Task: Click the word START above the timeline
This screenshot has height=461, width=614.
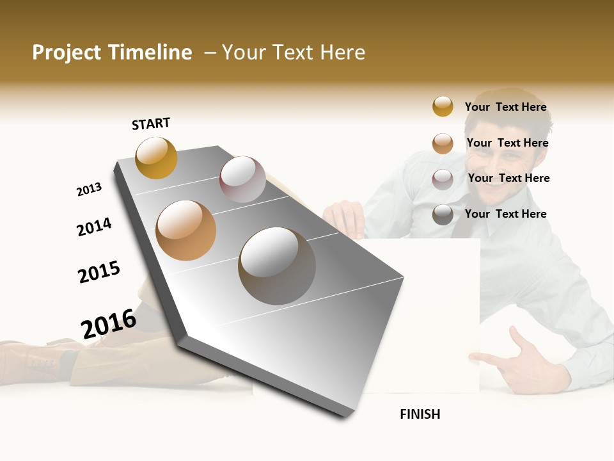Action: [151, 124]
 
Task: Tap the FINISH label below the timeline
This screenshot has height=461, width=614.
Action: [420, 414]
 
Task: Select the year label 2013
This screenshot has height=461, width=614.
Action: [89, 190]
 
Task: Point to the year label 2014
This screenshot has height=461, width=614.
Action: [94, 227]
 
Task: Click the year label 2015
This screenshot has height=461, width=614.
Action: [98, 272]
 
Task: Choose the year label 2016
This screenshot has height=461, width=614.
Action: [109, 323]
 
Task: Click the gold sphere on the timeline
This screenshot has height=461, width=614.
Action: [156, 158]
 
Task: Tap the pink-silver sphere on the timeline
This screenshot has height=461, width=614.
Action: [242, 179]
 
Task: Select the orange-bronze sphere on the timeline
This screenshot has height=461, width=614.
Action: [186, 230]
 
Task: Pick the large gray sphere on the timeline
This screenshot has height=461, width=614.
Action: [277, 266]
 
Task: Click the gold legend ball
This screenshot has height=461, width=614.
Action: [443, 106]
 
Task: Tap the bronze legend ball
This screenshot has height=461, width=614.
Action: [443, 143]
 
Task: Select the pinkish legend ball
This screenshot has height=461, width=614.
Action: [443, 179]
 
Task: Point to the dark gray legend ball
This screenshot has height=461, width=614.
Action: [443, 214]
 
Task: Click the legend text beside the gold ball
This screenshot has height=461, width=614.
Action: [505, 107]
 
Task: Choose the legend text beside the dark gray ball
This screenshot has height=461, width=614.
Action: [505, 214]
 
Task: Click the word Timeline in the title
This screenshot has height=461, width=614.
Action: [150, 53]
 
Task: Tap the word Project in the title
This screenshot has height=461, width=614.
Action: [66, 53]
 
